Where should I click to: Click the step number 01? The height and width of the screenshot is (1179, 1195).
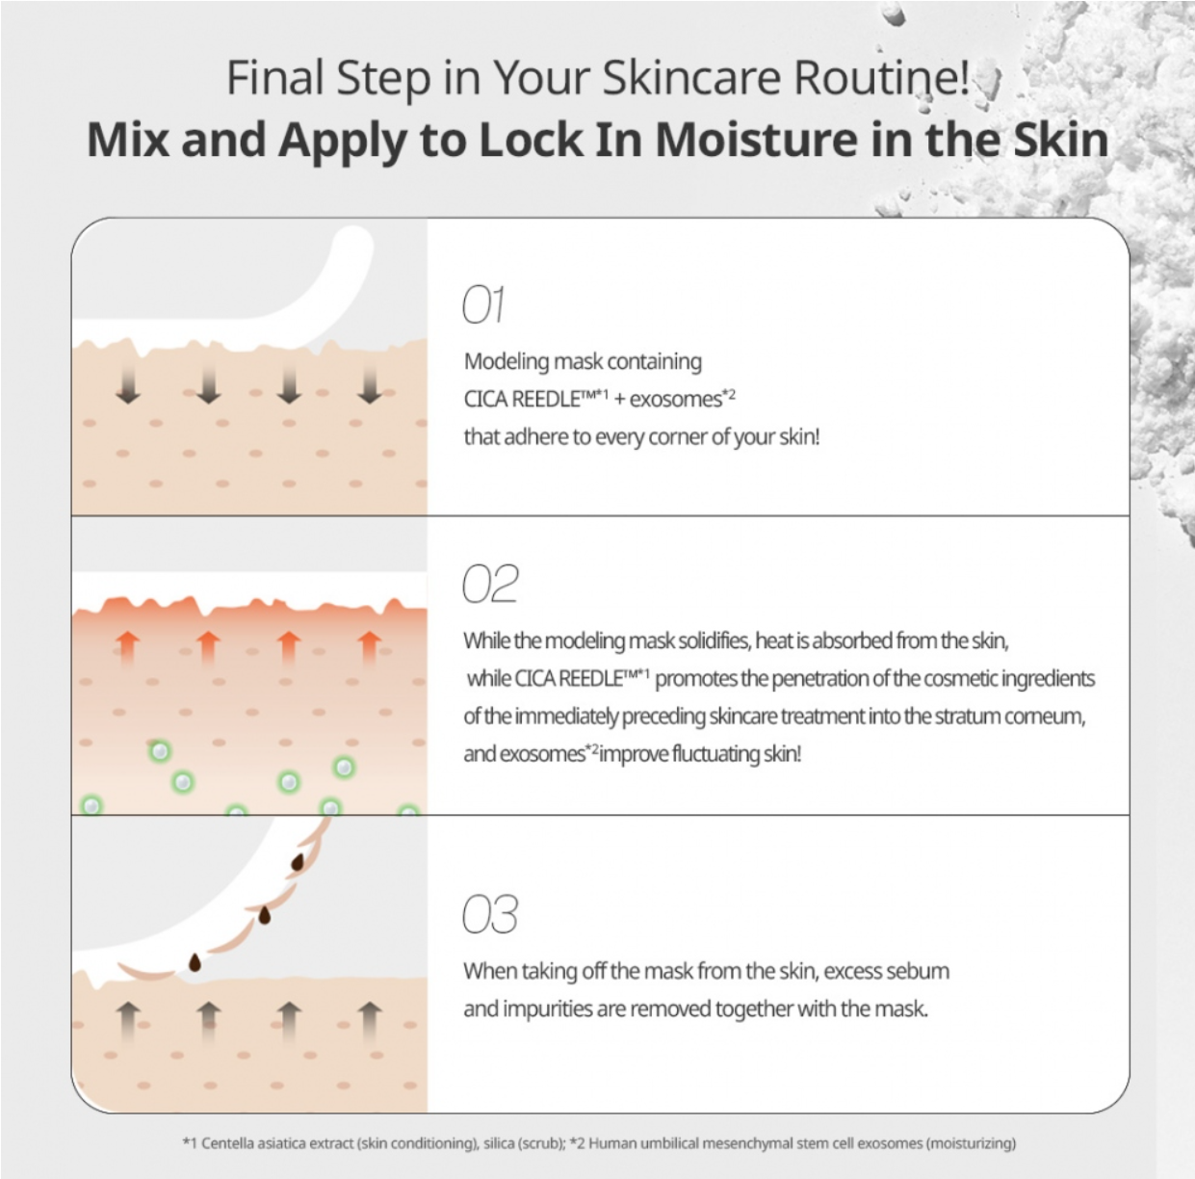tap(483, 304)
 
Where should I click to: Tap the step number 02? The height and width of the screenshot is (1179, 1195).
tap(490, 584)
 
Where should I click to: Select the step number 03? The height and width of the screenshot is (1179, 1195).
tap(490, 915)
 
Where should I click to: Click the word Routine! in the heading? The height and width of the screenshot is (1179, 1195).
tap(881, 78)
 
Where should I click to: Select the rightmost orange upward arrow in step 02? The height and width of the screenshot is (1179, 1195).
tap(370, 648)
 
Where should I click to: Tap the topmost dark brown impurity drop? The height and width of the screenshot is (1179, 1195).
tap(298, 861)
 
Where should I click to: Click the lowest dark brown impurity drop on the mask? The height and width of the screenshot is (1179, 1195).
tap(195, 962)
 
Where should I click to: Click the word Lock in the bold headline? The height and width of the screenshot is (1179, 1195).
tap(531, 140)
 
